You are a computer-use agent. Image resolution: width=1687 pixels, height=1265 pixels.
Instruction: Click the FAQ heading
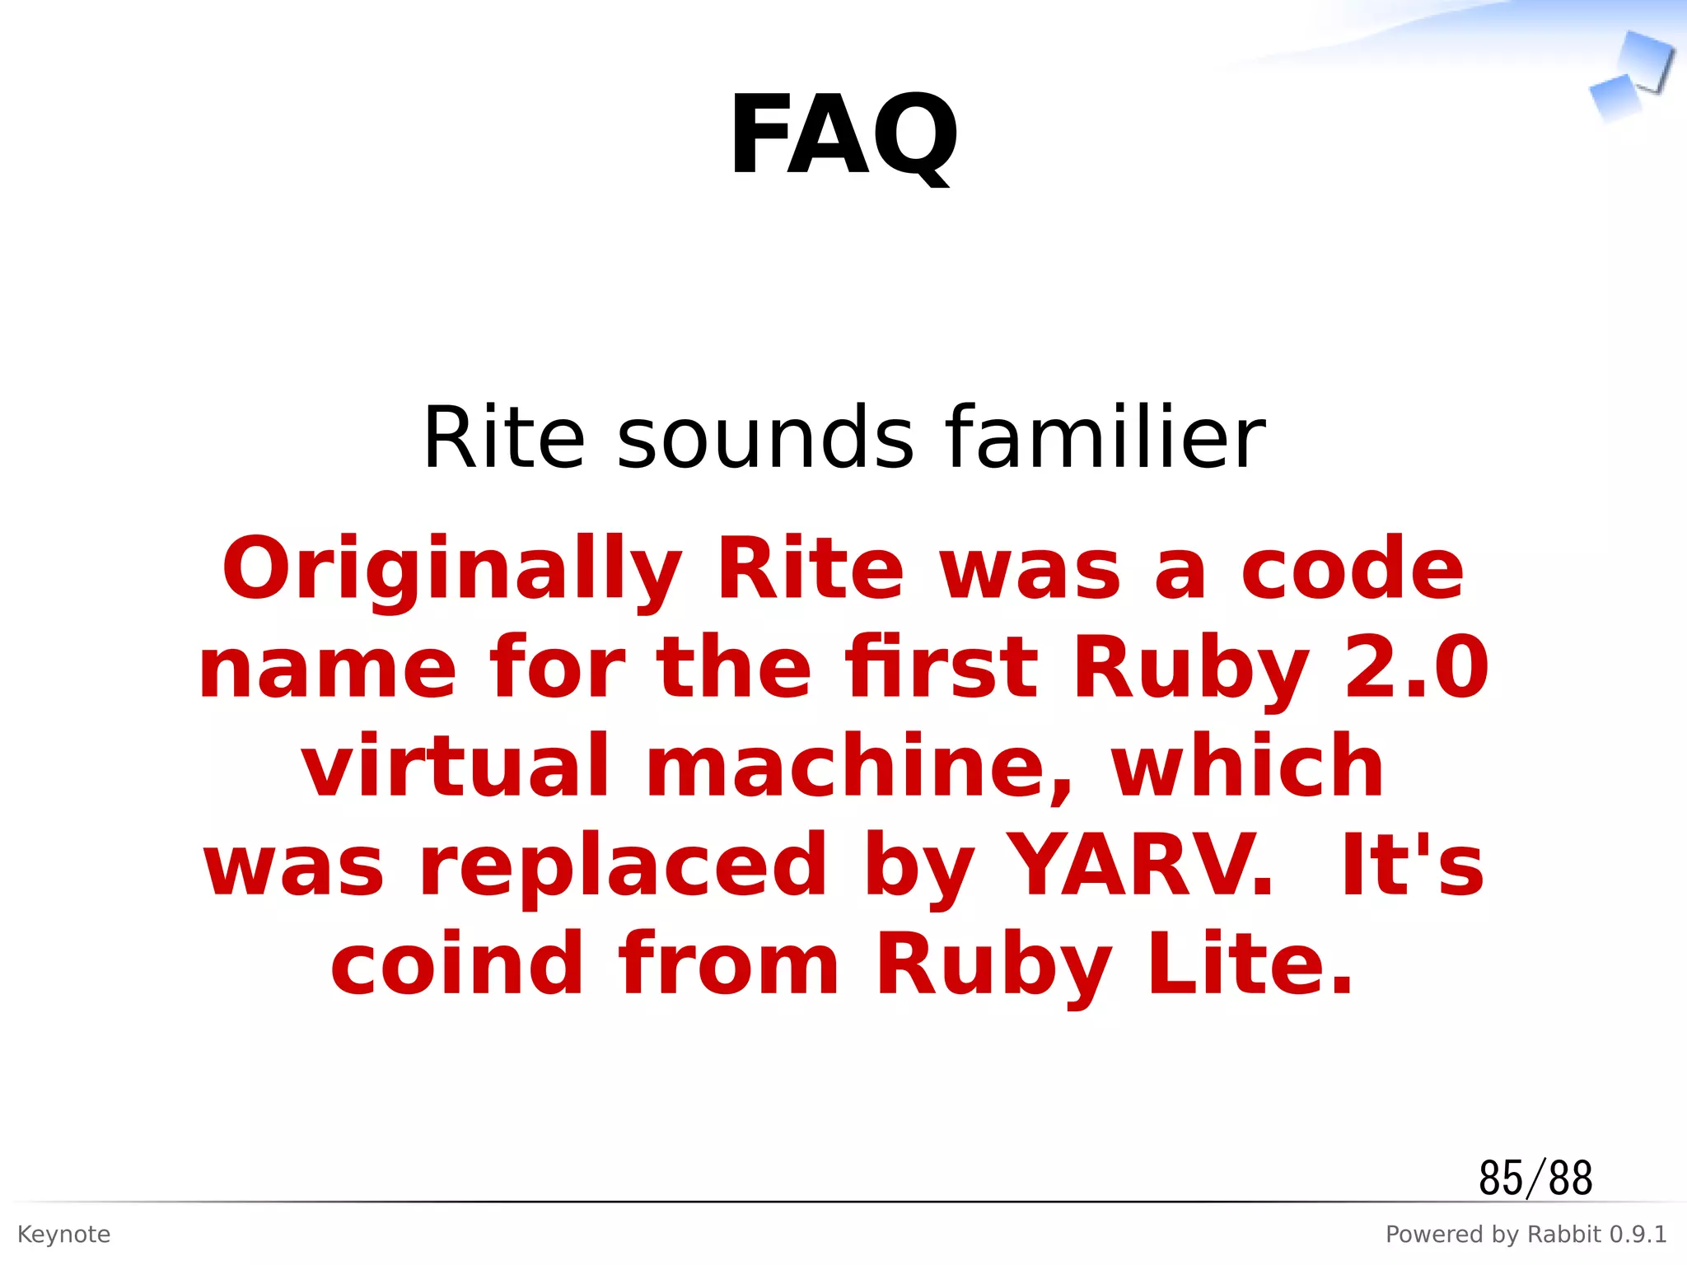(x=843, y=136)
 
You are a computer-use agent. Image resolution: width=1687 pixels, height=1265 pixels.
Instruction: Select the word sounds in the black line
(x=765, y=438)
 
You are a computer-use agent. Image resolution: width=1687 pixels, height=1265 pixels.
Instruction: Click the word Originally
(x=452, y=571)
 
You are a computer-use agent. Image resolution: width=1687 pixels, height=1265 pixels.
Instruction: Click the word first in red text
(x=942, y=668)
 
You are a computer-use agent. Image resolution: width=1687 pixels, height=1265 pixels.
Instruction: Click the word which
(x=1247, y=767)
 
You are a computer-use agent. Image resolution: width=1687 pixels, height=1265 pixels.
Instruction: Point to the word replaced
(x=623, y=866)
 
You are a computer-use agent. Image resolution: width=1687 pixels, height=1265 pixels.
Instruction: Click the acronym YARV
(x=1140, y=866)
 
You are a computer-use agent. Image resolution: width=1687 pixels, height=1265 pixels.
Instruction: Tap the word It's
(x=1412, y=866)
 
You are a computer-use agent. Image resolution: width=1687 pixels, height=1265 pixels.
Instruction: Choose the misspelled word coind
(x=456, y=964)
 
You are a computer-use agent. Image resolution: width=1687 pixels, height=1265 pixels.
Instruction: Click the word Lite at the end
(x=1250, y=964)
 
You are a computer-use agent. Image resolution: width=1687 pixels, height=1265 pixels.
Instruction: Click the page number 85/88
(x=1535, y=1178)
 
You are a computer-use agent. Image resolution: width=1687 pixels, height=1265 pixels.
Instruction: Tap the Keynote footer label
(x=63, y=1235)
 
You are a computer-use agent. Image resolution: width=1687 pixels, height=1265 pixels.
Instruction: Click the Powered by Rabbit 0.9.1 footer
(x=1526, y=1235)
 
